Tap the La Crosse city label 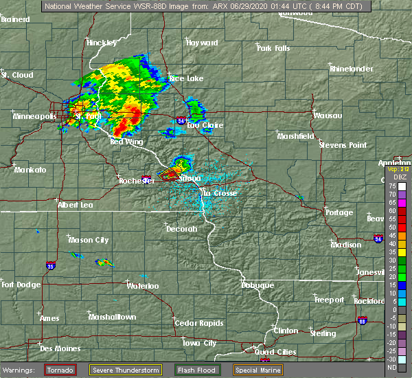(219, 193)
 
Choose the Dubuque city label (257, 285)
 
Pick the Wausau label (328, 115)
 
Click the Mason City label (89, 240)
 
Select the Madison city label (345, 245)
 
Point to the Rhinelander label (351, 69)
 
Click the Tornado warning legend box (61, 370)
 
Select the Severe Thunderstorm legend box (126, 370)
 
